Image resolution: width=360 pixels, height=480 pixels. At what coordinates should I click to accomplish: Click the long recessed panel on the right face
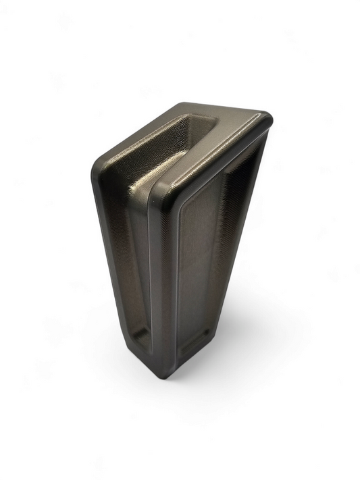(x=206, y=263)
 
